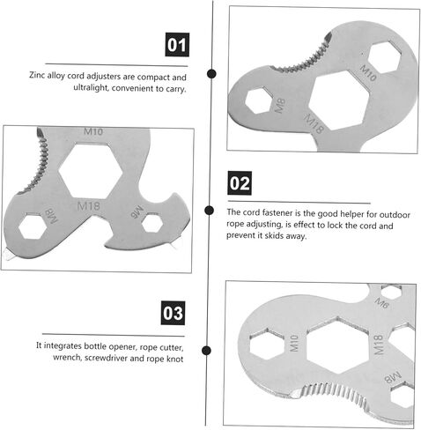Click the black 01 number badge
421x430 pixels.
(177, 45)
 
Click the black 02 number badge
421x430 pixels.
(240, 183)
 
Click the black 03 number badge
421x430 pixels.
(173, 313)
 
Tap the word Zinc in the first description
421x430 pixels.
(37, 75)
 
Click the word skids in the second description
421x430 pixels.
(274, 235)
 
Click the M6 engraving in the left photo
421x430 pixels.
(137, 212)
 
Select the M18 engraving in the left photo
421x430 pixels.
(88, 205)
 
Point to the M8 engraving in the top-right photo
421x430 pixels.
(279, 106)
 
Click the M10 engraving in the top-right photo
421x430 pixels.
(368, 73)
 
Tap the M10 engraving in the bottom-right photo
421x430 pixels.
(294, 343)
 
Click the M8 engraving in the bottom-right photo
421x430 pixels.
(392, 377)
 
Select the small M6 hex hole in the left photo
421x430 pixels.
(152, 223)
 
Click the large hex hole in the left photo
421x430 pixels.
(91, 171)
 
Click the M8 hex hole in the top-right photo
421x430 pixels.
(258, 100)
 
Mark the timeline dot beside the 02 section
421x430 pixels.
(209, 211)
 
